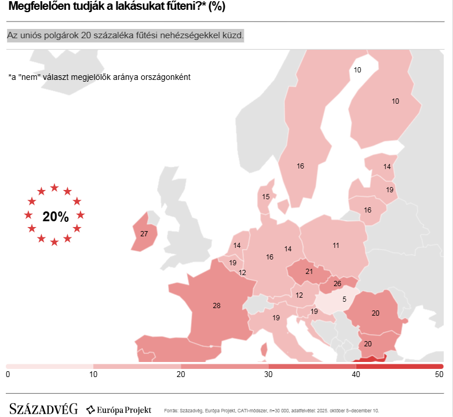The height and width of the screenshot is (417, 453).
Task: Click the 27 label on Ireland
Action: coord(144,234)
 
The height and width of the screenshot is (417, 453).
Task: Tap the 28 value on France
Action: coord(217,305)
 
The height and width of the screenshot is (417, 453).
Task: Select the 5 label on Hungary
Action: coord(344,299)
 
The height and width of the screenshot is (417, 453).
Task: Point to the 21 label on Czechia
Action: coord(309,271)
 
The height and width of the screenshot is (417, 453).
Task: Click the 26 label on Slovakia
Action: coord(337,284)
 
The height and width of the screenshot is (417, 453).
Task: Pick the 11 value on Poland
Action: coord(336,246)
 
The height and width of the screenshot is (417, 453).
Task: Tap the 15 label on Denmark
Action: coord(266,197)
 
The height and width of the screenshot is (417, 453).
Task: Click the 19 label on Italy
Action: coord(276,317)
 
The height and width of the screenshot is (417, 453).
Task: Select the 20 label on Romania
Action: coord(375,313)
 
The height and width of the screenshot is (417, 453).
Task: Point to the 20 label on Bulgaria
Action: coord(367,343)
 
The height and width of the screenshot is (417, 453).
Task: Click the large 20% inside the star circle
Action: coord(55,217)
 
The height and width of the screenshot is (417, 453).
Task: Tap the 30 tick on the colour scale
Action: coord(268,375)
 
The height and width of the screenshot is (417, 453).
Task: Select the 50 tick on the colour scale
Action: coord(439,375)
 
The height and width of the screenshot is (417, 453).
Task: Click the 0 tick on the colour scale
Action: coord(8,375)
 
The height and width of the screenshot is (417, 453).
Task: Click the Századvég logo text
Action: coord(43,409)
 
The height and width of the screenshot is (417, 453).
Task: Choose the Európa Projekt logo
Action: coord(119,410)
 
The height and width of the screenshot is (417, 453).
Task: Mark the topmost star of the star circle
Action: coord(54,188)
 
